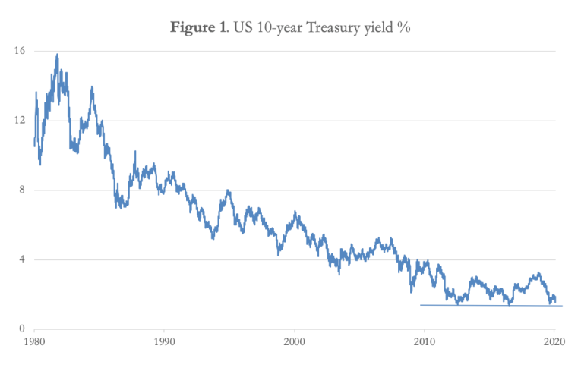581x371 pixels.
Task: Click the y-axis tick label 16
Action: click(19, 51)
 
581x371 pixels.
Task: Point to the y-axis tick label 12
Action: click(19, 120)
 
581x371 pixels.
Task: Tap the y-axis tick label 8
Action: click(22, 190)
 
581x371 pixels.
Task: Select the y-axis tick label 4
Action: click(22, 259)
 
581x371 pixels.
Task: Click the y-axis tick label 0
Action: click(22, 329)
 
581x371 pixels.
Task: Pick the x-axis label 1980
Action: click(34, 342)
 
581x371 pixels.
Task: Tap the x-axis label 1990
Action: click(164, 342)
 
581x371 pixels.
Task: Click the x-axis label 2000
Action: click(295, 342)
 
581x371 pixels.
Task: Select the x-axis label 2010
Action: click(425, 342)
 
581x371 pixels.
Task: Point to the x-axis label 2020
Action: click(554, 342)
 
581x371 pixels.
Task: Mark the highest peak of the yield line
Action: click(57, 55)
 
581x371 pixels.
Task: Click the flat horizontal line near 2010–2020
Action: click(491, 305)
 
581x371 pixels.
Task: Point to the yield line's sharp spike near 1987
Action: click(135, 152)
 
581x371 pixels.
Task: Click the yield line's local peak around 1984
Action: click(92, 87)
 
